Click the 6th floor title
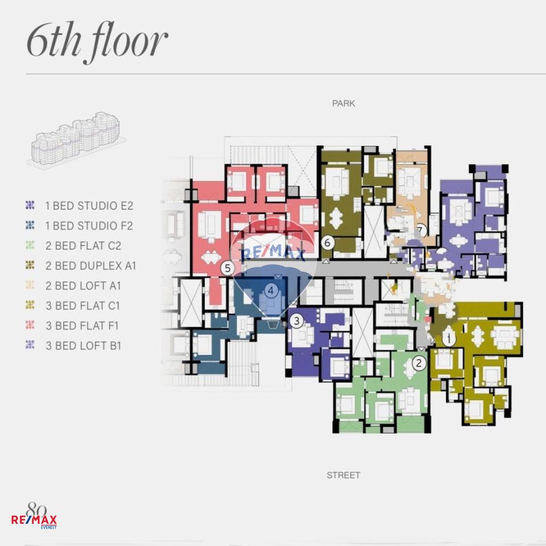[97, 42]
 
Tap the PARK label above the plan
[344, 104]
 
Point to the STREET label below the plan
[344, 475]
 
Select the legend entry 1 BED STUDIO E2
[89, 206]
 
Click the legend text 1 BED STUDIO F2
[89, 226]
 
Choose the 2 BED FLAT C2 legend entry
[83, 246]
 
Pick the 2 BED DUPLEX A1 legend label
[90, 266]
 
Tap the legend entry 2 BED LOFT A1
[83, 286]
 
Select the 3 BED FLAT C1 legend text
[82, 306]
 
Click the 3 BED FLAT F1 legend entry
[82, 325]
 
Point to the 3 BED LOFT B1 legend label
[83, 346]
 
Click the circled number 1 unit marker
[449, 339]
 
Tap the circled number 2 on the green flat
[419, 363]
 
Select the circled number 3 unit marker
[296, 320]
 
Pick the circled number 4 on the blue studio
[271, 290]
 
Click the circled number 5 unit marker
[227, 268]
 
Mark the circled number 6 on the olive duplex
[328, 242]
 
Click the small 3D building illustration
[76, 138]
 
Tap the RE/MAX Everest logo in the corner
[34, 516]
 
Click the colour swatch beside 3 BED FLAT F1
[30, 325]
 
